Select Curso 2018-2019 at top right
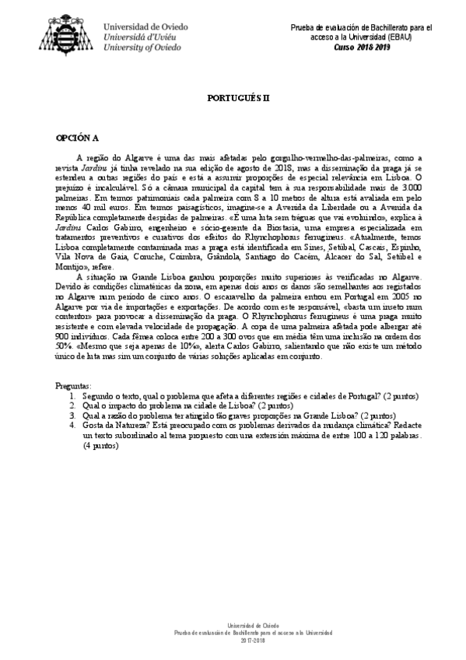[x=359, y=47]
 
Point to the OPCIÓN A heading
[x=76, y=138]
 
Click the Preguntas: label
[x=75, y=386]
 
